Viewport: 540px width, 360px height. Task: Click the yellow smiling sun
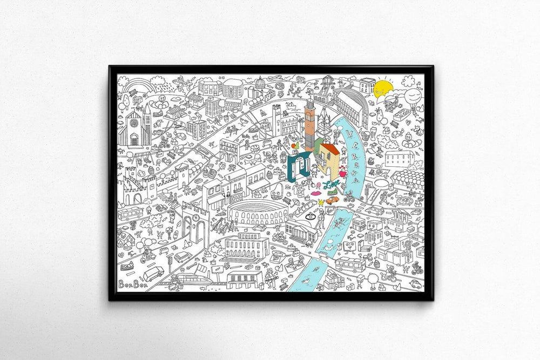tap(383, 89)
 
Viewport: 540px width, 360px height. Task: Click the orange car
tap(332, 199)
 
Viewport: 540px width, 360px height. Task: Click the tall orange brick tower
tap(309, 125)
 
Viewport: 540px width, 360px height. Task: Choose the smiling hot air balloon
tap(414, 98)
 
